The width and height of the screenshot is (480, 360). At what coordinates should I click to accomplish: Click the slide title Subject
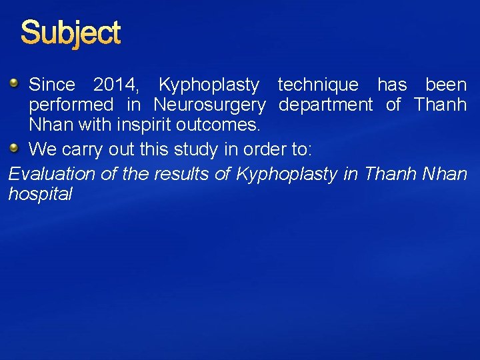coord(71,33)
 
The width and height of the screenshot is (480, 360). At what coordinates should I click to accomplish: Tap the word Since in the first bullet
coord(52,85)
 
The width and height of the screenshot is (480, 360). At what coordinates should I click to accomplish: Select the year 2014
coord(115,85)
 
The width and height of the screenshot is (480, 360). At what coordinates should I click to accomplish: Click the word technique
coord(317,85)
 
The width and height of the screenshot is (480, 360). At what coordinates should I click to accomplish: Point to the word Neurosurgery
coord(209,105)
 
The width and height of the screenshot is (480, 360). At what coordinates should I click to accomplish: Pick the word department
coord(325,105)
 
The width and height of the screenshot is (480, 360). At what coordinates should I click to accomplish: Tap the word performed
coord(71,105)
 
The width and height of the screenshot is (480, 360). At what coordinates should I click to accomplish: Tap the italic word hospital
coord(40,195)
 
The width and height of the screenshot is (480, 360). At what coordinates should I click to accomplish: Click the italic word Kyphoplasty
coord(280,174)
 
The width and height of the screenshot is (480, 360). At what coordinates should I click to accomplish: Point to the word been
coord(446,85)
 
